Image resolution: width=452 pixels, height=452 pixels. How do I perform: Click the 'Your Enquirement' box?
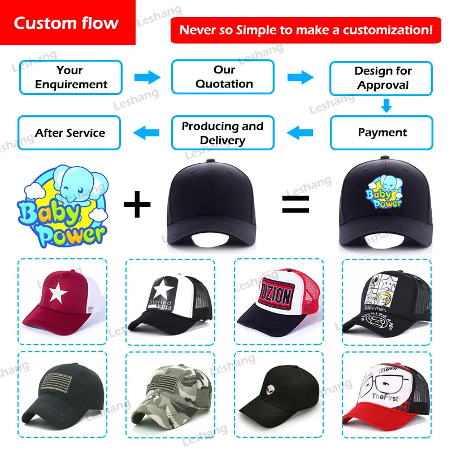70,77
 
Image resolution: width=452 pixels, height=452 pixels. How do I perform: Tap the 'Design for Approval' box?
382,78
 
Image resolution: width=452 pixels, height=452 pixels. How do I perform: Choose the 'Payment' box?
382,133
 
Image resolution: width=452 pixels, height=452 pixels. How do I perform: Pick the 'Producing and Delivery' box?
223,133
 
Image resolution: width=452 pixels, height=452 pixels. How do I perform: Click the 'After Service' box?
70,133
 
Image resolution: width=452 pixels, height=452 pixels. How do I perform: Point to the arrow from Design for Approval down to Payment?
386,105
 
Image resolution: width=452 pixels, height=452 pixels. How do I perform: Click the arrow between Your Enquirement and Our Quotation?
147,77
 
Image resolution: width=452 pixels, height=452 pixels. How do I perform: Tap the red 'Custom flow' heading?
67,23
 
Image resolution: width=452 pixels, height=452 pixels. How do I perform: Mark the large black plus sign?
137,204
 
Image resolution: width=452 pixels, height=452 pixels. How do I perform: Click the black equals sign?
295,204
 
